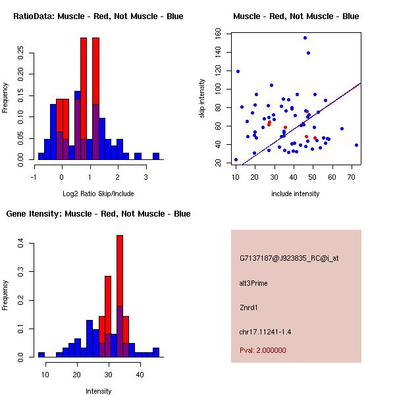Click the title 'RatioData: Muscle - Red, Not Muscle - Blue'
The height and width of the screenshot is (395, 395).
click(x=98, y=16)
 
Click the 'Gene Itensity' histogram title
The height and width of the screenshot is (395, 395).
click(x=98, y=214)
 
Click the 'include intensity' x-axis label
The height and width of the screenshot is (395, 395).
click(x=296, y=194)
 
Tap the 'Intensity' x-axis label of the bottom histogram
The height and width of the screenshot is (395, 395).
click(x=99, y=391)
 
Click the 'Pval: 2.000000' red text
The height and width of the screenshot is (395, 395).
click(x=263, y=350)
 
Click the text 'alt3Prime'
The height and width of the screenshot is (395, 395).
click(x=253, y=283)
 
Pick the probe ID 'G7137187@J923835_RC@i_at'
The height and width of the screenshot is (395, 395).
click(x=289, y=259)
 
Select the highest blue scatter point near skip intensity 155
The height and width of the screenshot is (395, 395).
click(x=305, y=38)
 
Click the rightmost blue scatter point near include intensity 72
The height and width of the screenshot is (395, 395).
click(x=356, y=145)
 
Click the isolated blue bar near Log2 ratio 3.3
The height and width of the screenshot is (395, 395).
click(x=156, y=157)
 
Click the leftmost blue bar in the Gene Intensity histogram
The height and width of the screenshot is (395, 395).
click(x=41, y=354)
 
